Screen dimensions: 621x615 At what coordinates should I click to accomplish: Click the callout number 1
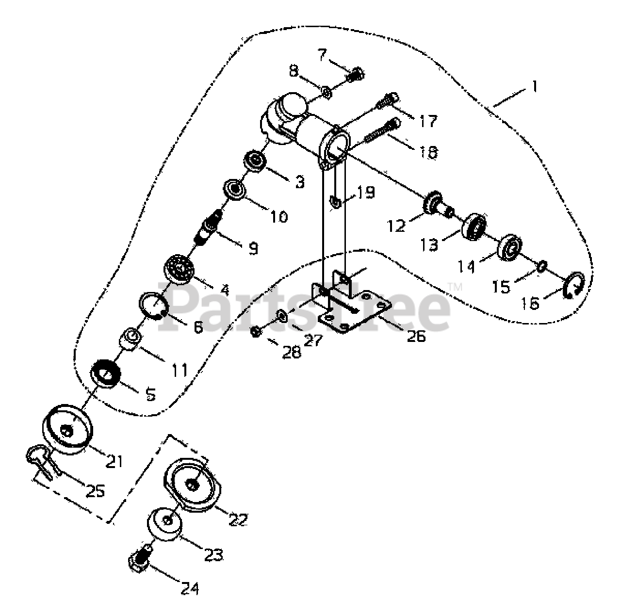534,87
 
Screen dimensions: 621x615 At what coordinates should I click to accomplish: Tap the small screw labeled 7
356,74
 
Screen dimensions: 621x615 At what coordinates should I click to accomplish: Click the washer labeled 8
326,90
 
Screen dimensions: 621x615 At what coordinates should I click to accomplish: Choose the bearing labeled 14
509,247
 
